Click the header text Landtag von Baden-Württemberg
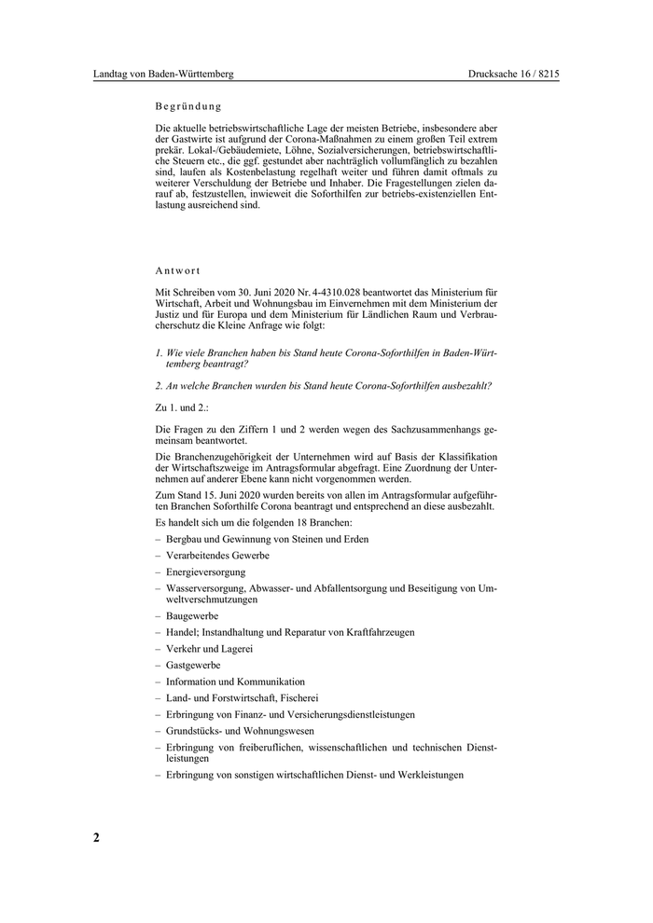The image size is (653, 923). pos(163,74)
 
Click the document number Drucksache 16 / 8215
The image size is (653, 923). pos(513,74)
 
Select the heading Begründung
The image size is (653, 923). pos(188,106)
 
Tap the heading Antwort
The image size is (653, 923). pos(178,270)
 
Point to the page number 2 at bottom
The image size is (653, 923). pos(96,836)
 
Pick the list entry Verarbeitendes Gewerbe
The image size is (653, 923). pos(217,555)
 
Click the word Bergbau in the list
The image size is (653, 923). pos(185,539)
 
